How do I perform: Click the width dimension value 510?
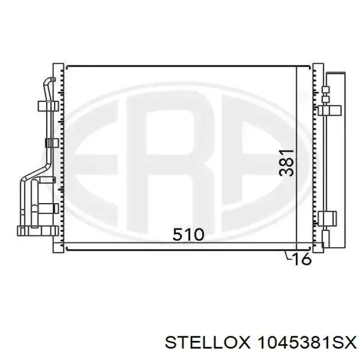188,234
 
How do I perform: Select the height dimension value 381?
286,163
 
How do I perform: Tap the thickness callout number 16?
302,259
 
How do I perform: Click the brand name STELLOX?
207,344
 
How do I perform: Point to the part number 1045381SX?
307,344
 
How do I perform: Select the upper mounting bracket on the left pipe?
48,106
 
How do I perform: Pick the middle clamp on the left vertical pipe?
51,143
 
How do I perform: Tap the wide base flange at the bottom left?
38,231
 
